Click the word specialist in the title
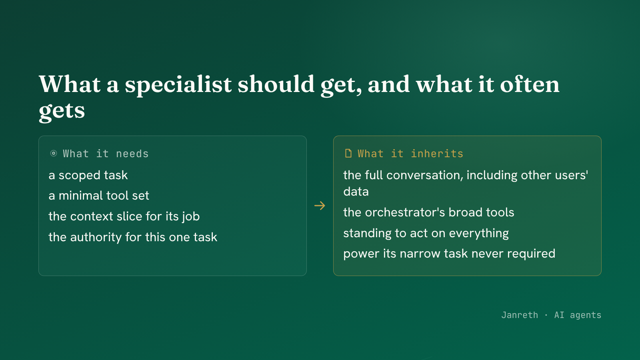click(178, 85)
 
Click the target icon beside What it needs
click(54, 154)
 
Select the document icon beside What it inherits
click(348, 154)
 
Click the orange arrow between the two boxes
click(320, 206)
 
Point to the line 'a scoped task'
click(88, 175)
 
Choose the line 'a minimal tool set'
click(99, 196)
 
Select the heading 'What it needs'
click(106, 154)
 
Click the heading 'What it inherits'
click(410, 154)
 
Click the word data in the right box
click(356, 192)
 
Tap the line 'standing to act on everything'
click(426, 233)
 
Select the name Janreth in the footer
click(520, 315)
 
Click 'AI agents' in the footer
click(578, 315)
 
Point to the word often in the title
click(530, 84)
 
